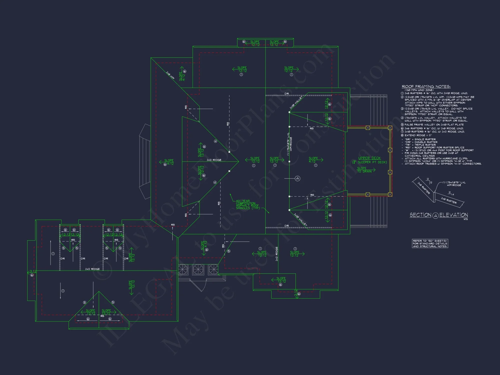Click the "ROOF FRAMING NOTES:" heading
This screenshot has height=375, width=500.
426,86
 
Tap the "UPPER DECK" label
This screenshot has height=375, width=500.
369,158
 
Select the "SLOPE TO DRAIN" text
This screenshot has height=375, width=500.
364,170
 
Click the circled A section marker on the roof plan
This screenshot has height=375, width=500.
297,178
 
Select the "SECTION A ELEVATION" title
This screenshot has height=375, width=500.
439,215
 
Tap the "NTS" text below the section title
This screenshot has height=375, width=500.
465,219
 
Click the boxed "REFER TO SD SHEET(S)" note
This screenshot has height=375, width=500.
430,243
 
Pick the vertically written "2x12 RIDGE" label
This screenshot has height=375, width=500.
277,254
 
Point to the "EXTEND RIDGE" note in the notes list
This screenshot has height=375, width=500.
418,135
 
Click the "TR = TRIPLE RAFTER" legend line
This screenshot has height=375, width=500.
420,145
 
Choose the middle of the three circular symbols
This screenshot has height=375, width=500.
198,269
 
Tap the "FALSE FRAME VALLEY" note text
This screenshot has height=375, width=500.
434,124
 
